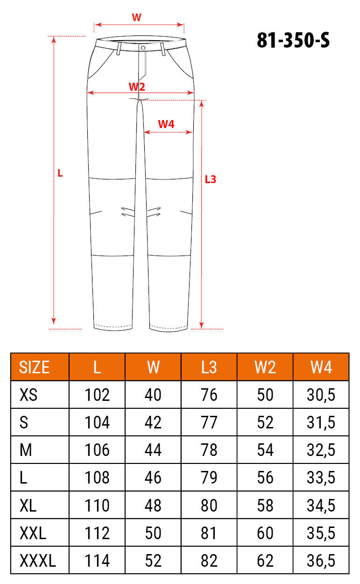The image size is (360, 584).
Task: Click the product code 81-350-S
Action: point(293,40)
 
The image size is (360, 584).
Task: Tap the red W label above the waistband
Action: point(136,17)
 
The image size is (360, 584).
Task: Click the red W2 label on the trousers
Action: point(137,86)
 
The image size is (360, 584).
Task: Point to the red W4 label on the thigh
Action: point(166,124)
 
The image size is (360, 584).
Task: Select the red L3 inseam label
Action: point(211,179)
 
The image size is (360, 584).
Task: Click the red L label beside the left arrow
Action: point(60,173)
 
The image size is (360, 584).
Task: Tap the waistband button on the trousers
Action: point(143,48)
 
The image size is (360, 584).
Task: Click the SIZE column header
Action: point(34,367)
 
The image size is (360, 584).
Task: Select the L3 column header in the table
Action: point(209,367)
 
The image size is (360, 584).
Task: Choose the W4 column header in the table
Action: point(321,367)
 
